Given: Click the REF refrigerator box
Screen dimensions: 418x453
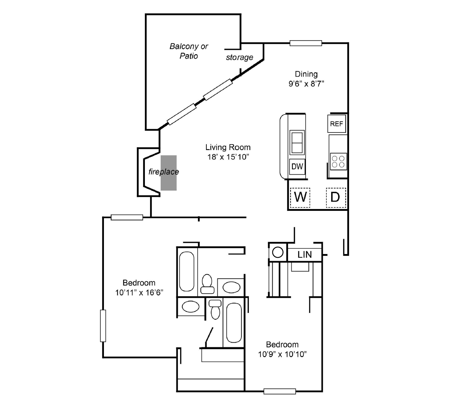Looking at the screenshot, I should (x=336, y=124).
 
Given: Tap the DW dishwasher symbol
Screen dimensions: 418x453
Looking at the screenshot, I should (x=297, y=167).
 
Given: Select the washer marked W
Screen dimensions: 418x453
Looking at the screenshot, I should (x=300, y=197).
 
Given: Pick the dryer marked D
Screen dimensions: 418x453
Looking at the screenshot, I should (x=336, y=197).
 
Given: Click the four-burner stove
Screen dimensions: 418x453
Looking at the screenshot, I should (x=338, y=161).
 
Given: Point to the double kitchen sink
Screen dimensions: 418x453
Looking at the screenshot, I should (x=297, y=142).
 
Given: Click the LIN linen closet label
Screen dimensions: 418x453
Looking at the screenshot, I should (x=304, y=254).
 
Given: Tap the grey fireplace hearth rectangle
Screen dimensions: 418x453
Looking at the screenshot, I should (x=169, y=173).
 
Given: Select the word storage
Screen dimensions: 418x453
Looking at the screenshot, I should (x=239, y=57).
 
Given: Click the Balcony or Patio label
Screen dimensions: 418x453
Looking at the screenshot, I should (x=188, y=51).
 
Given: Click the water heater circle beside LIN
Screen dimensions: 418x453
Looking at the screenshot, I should (x=278, y=253).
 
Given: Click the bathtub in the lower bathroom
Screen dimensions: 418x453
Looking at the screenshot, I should (x=234, y=323).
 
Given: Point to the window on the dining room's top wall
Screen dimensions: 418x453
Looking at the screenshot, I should (x=306, y=43).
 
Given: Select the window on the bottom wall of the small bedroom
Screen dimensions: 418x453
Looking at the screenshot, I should (x=280, y=391).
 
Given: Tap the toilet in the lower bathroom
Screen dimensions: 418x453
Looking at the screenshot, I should (x=215, y=309).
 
